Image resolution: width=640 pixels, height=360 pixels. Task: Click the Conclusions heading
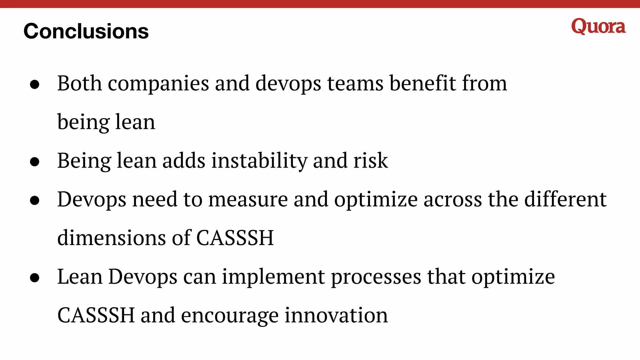tap(86, 31)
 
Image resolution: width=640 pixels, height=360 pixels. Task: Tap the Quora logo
tap(598, 27)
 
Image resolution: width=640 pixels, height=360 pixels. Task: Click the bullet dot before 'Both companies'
tap(35, 84)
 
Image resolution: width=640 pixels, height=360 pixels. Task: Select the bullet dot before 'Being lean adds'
tap(35, 162)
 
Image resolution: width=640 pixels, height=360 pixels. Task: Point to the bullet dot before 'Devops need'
tap(35, 200)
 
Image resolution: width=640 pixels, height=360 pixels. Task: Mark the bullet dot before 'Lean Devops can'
tap(35, 277)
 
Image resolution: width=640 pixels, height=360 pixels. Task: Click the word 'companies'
tap(158, 84)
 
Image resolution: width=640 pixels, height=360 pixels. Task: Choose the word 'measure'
tap(248, 199)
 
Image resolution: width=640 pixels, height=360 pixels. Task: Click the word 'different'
tap(565, 199)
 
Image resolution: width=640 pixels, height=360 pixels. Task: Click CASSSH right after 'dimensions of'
tap(235, 238)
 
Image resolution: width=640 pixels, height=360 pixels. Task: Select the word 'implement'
tap(273, 277)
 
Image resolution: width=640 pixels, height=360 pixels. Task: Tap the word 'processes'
tap(376, 277)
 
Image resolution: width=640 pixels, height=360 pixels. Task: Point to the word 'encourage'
tap(230, 316)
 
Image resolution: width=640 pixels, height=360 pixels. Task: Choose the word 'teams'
tap(355, 83)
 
